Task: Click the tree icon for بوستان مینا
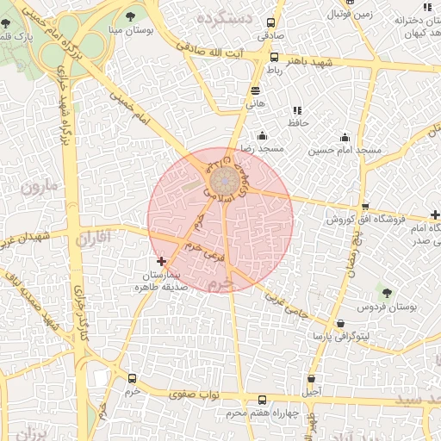(130, 16)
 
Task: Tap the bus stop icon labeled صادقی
(270, 23)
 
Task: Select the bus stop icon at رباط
(274, 58)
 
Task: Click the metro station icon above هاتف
(255, 90)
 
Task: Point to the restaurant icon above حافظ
(297, 110)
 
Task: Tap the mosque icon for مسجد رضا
(263, 135)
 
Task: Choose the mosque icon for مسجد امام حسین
(345, 138)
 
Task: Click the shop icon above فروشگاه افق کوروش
(365, 207)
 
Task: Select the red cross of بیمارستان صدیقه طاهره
(161, 260)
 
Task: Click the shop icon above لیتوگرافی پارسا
(341, 324)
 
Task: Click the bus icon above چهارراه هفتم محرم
(262, 400)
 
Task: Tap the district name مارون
(39, 185)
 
